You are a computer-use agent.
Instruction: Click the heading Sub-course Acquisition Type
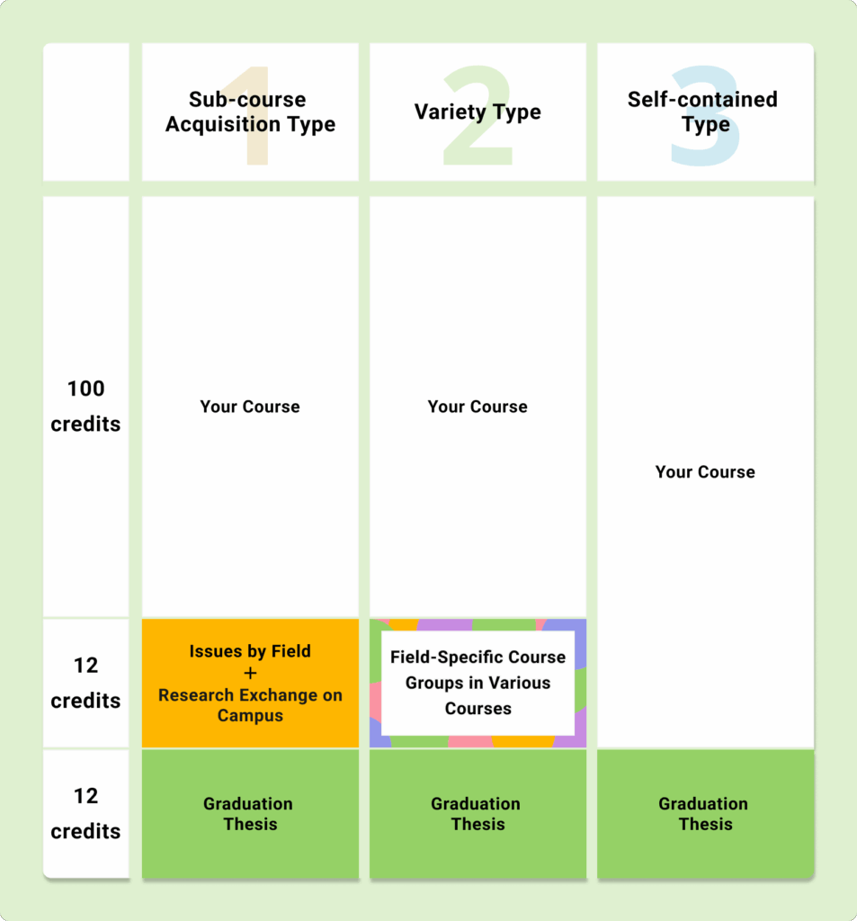tap(250, 112)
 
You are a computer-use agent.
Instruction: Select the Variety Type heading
tap(478, 112)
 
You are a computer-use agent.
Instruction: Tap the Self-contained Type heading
tap(703, 112)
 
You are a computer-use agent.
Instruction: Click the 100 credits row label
tap(85, 406)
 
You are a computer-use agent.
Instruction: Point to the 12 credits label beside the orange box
tap(85, 683)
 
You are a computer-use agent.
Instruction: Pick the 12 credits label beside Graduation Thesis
tap(85, 813)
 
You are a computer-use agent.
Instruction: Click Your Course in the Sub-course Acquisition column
tap(250, 407)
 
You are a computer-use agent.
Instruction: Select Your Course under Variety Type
tap(478, 407)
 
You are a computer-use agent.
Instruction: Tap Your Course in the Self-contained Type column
tap(705, 471)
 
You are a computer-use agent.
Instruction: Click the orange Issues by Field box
tap(250, 684)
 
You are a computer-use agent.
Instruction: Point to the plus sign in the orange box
tap(250, 673)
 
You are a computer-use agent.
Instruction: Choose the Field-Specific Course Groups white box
tap(478, 683)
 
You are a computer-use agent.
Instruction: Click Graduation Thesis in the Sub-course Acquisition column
tap(248, 813)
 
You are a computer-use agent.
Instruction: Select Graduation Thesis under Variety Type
tap(477, 813)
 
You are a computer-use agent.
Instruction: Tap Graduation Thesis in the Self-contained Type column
tap(704, 813)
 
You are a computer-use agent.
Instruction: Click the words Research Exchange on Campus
tap(250, 705)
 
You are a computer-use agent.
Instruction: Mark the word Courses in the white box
tap(478, 709)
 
